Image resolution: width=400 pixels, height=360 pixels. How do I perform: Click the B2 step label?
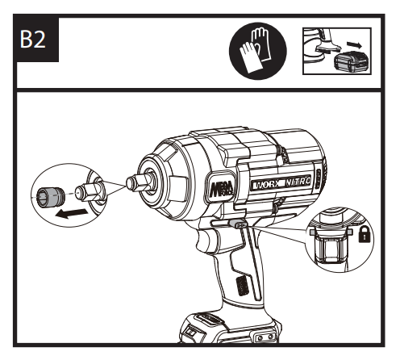[33, 40]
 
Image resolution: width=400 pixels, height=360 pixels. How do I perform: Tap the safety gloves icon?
[258, 51]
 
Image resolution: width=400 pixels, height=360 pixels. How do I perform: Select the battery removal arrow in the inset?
[355, 44]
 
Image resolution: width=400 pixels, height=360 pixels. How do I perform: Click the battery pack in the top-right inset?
[352, 62]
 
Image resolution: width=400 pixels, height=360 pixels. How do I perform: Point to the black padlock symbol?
[365, 234]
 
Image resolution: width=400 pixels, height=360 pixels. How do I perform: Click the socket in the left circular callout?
[51, 197]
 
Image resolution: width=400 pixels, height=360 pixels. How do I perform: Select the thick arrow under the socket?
[71, 213]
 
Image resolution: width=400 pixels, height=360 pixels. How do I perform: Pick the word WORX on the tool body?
[266, 185]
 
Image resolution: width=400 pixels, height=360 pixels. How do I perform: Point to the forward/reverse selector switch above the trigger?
[238, 223]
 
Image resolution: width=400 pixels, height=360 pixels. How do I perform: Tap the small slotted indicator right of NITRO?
[318, 178]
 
